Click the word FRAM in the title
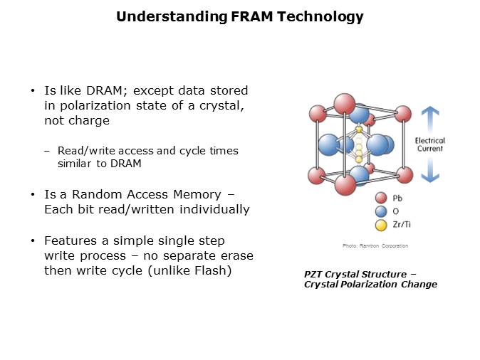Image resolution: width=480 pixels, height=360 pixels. click(x=251, y=16)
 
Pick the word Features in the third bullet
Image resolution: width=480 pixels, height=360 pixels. click(x=71, y=240)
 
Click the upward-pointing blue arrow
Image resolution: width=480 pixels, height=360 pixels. click(x=430, y=119)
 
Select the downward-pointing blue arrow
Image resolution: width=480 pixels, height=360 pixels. click(x=430, y=170)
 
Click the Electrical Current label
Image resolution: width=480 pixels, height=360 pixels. click(x=430, y=144)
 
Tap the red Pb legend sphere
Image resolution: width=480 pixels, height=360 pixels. click(x=381, y=198)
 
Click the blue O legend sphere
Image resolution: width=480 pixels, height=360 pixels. click(x=381, y=211)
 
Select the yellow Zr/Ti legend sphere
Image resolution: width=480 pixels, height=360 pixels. click(x=381, y=225)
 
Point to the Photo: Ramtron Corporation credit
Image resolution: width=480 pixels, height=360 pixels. click(x=375, y=245)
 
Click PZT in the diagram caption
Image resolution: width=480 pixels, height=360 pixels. click(x=313, y=275)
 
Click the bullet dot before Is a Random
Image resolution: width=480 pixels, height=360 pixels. click(x=33, y=194)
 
